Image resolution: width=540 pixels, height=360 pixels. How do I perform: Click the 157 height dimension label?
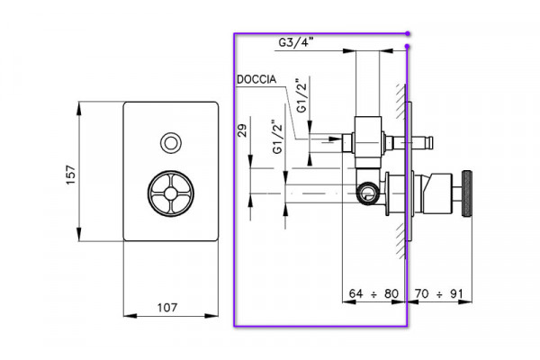70,175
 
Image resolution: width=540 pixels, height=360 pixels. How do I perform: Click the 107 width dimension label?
167,307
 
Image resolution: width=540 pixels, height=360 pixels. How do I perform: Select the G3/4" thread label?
296,42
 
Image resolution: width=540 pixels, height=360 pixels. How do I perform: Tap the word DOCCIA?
256,79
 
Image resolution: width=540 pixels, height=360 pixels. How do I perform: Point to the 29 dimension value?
243,130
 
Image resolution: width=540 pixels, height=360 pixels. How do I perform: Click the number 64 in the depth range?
355,293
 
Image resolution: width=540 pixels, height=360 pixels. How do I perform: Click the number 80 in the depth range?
391,293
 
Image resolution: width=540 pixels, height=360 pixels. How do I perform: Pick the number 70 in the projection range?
421,293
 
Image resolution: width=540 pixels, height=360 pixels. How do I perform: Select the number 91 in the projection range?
456,293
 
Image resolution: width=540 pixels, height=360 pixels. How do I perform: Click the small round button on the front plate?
171,143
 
